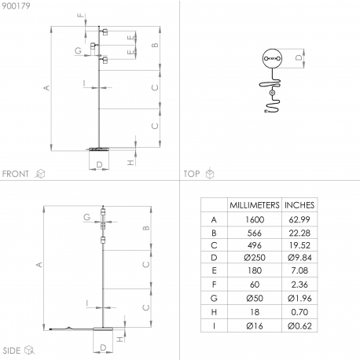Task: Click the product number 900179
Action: point(16,6)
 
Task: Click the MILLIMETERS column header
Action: point(255,205)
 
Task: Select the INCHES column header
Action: point(299,205)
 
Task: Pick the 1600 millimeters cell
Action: point(255,219)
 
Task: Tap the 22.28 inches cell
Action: point(299,233)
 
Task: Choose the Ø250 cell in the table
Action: point(255,258)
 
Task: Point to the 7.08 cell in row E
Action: point(299,270)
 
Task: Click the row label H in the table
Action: point(214,312)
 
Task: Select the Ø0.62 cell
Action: point(299,326)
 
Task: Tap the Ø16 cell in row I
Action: point(255,326)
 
